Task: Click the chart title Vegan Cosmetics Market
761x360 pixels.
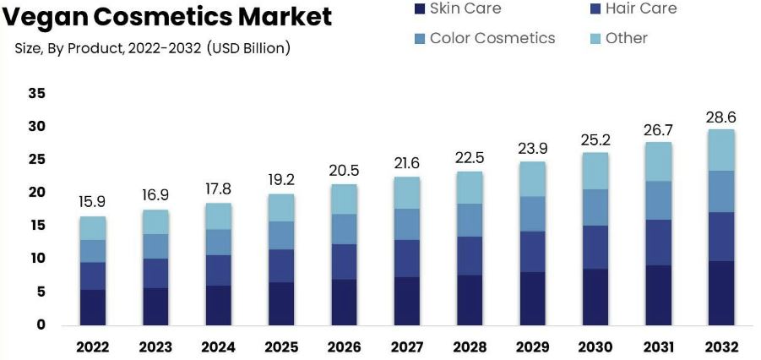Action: click(x=166, y=17)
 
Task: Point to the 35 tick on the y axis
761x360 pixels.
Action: click(x=36, y=93)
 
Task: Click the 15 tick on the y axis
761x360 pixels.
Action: click(x=36, y=226)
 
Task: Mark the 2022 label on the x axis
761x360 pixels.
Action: click(x=93, y=346)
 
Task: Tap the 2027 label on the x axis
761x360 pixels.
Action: click(x=407, y=346)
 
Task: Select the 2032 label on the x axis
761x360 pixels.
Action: click(x=721, y=346)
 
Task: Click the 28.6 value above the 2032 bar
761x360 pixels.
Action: click(x=721, y=117)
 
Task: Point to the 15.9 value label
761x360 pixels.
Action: click(x=93, y=203)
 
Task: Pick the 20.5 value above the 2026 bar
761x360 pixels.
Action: click(x=344, y=170)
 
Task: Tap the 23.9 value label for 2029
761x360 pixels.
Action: click(x=533, y=148)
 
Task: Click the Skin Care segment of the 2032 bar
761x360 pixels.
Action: click(x=721, y=292)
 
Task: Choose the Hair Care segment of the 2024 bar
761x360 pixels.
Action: click(x=219, y=270)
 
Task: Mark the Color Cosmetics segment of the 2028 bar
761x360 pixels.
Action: click(x=470, y=220)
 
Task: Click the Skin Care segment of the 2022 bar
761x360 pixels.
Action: click(x=93, y=307)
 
